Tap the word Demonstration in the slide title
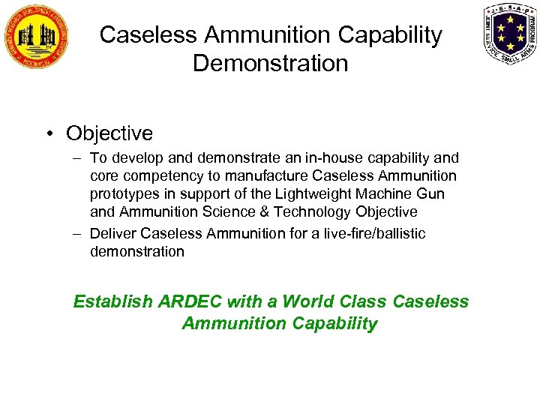tap(271, 63)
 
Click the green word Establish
tap(112, 302)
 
